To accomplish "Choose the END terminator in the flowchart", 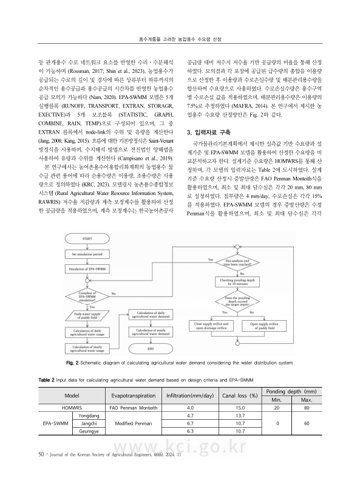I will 151,349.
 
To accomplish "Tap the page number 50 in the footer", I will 25,470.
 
